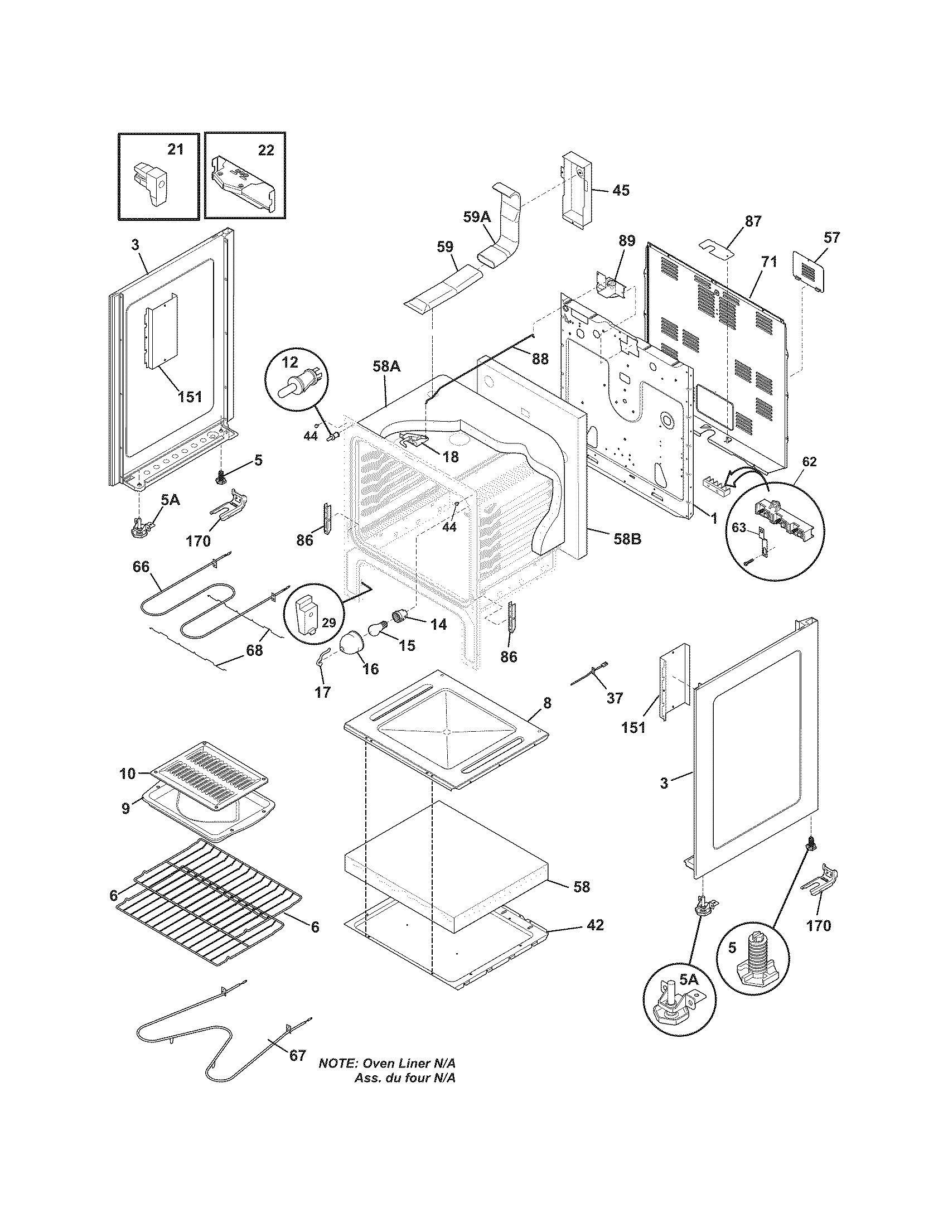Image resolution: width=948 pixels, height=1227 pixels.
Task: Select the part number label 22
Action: tap(266, 150)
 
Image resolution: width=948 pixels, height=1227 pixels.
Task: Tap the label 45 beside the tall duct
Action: tap(621, 190)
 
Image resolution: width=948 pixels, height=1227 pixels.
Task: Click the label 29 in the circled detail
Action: tap(328, 622)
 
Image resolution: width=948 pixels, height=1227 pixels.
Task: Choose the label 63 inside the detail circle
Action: tap(738, 527)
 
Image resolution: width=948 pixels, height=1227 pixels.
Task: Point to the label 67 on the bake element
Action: tap(297, 1055)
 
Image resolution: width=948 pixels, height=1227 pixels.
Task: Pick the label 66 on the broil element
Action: tap(141, 567)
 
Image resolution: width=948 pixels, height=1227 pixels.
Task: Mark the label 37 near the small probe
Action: tap(615, 698)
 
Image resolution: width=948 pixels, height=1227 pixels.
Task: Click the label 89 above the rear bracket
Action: tap(627, 241)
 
